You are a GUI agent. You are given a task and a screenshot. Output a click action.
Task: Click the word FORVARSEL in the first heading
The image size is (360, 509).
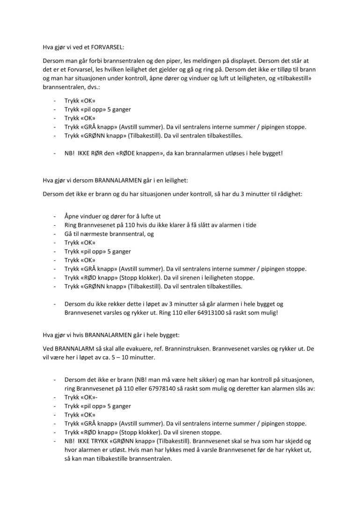tap(103, 47)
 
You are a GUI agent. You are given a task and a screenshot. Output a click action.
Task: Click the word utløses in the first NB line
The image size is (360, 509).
tap(230, 153)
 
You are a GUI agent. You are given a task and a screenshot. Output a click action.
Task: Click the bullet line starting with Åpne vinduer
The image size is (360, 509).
tap(112, 216)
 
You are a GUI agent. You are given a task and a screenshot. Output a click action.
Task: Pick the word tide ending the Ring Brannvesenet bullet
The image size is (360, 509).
tap(250, 225)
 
